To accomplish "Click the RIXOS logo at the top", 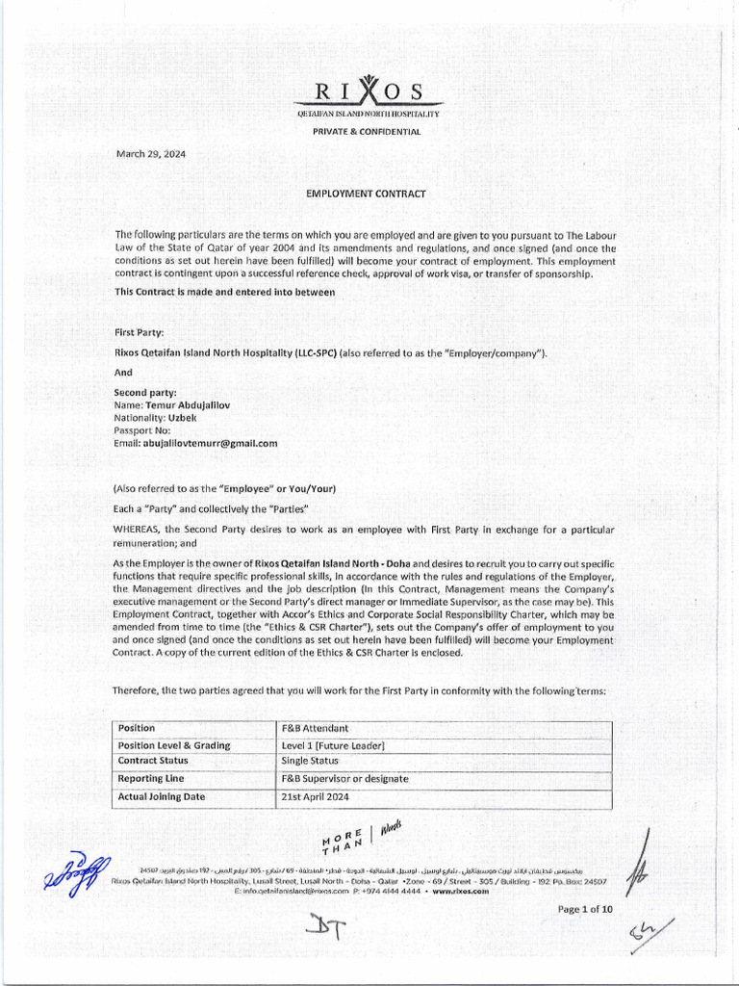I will point(370,91).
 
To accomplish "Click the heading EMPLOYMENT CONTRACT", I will point(366,194).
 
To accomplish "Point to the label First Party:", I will point(139,331).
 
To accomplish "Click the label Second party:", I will point(144,393).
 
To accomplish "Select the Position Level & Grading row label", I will point(174,745).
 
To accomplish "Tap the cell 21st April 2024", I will point(316,796).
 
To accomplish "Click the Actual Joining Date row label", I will point(162,796).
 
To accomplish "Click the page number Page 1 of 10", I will point(585,909).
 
